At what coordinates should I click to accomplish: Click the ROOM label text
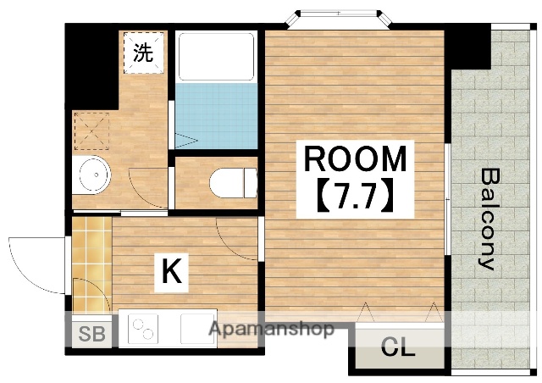(355, 158)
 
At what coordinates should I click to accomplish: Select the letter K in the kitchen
(172, 272)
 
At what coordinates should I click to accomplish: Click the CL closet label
(398, 347)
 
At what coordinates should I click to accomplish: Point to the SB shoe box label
(91, 334)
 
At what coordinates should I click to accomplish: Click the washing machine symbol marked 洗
(143, 53)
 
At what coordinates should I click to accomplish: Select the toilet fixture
(234, 183)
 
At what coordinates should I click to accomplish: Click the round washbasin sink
(94, 175)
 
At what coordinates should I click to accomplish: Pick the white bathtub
(216, 57)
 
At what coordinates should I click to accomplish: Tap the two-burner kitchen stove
(143, 329)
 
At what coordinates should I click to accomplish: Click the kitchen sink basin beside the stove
(197, 329)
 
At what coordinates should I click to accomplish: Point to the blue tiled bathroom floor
(217, 115)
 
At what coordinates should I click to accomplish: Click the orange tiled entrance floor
(92, 265)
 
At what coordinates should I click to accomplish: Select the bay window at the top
(339, 18)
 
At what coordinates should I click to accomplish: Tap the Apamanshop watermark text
(271, 329)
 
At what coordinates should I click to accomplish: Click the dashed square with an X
(91, 131)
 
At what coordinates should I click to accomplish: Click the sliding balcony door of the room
(447, 199)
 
